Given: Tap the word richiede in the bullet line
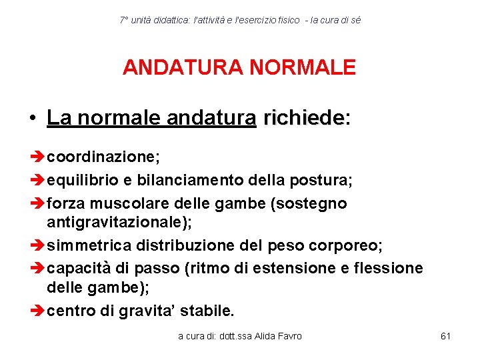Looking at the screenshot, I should (303, 119).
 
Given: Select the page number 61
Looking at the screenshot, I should (446, 336).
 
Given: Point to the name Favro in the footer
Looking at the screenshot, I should (289, 336).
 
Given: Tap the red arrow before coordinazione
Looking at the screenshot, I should (38, 157).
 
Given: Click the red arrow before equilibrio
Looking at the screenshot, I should (38, 180).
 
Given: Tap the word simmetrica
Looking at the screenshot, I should (89, 245).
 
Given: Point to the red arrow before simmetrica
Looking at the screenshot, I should (38, 245).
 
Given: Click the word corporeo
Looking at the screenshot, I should (347, 245).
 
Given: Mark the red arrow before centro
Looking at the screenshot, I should (38, 310).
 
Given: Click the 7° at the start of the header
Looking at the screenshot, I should (123, 21).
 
